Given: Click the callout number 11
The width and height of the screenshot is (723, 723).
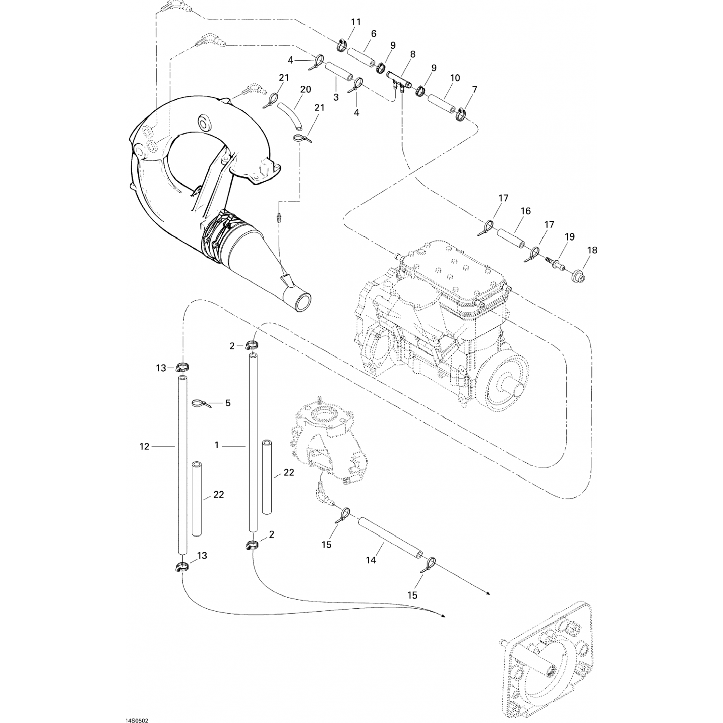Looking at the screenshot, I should pos(356,22).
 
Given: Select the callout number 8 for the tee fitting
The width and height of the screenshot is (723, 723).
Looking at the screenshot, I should pos(413,55).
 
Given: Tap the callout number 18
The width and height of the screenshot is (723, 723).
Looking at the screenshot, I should pos(592,250).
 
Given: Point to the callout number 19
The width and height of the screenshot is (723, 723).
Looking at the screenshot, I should pos(570,237).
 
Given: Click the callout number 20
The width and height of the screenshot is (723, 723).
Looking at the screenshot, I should pos(306,90).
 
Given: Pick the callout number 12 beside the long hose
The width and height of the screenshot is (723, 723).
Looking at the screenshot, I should pos(145,447).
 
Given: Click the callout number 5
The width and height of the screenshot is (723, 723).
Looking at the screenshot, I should pos(228,402).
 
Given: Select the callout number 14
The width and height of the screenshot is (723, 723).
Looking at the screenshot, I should pos(371,560).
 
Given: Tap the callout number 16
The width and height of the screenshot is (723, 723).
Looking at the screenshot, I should pos(525,211).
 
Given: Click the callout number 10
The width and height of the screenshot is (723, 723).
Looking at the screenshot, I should pos(455,78).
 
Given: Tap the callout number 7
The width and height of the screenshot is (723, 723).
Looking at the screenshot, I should pos(475,90).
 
